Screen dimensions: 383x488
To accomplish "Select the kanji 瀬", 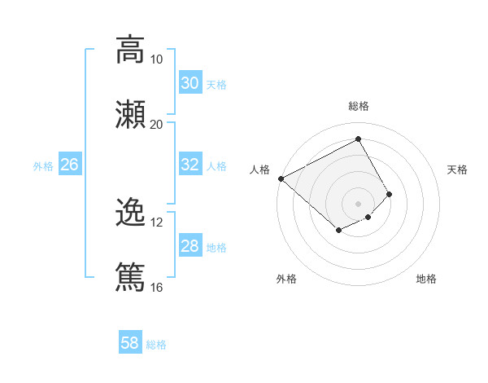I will point(130,113).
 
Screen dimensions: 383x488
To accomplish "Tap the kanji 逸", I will point(130,213).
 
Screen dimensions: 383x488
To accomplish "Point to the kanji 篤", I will point(130,276).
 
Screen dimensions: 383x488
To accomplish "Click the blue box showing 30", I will point(190,83).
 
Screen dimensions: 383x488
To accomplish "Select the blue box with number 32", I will point(190,165).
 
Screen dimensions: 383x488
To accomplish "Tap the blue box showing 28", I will point(190,246).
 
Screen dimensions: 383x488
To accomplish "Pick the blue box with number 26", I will point(69,165).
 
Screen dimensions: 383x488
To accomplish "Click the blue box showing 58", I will point(129,343).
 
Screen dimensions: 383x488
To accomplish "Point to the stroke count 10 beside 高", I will point(156,59).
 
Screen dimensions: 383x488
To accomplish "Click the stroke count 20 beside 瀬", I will point(156,124).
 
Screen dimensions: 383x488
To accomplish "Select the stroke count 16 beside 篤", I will point(156,287).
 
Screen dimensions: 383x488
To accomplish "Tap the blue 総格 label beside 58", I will point(156,345).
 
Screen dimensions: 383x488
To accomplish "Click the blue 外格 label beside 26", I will point(43,166).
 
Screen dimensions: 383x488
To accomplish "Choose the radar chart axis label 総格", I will point(359,106).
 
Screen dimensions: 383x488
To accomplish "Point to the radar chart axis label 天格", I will point(457,169).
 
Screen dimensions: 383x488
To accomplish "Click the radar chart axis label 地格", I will point(426,279).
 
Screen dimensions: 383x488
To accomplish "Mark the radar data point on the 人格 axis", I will point(281,178).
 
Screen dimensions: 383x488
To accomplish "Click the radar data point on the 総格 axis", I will point(358,139).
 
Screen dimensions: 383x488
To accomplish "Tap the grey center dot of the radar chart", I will point(358,203).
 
